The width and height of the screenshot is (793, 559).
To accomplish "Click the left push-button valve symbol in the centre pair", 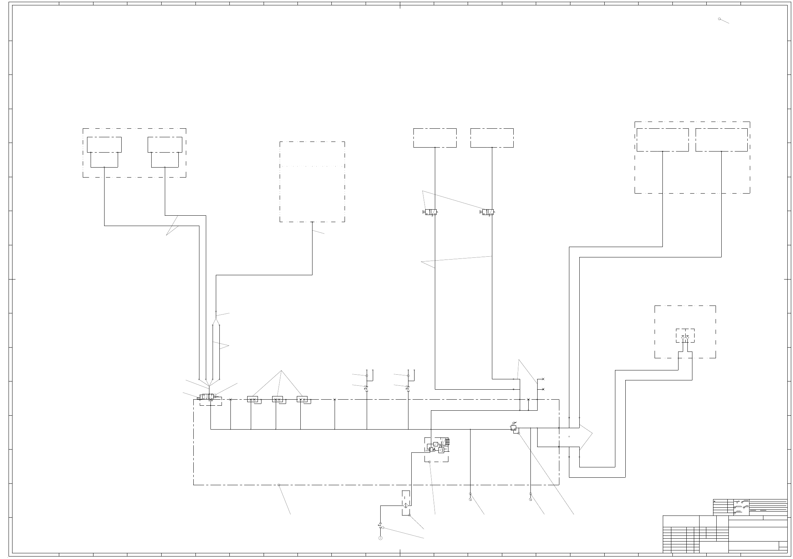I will point(431,212).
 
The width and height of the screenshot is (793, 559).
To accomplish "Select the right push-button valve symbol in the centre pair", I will point(488,212).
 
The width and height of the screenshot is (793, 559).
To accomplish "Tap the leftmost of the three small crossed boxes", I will point(253,399).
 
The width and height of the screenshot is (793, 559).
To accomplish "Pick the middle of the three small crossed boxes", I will point(277,399).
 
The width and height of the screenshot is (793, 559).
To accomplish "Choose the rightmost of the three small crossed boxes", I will point(302,399).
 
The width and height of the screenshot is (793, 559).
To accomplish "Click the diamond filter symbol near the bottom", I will point(406,506).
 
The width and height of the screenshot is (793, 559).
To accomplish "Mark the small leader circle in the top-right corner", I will point(719,19).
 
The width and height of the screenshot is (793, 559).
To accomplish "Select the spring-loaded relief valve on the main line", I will point(514,427).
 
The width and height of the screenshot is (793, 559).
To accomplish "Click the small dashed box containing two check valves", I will point(685,335).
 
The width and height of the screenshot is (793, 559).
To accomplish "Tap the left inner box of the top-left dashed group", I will point(104,144).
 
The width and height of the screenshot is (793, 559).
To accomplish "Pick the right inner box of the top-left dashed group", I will point(165,144).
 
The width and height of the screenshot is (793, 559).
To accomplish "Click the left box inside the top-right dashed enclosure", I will point(662,140).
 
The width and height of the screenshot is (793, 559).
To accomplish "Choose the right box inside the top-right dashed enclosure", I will point(721,140).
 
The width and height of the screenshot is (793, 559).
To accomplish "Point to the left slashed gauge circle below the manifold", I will point(470,499).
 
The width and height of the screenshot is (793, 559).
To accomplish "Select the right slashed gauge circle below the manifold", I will point(530,499).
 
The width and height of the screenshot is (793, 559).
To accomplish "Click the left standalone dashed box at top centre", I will point(435,138).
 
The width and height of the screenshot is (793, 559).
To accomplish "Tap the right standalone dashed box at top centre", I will point(492,138).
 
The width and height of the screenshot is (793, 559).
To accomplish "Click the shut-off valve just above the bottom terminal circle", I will point(380,525).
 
